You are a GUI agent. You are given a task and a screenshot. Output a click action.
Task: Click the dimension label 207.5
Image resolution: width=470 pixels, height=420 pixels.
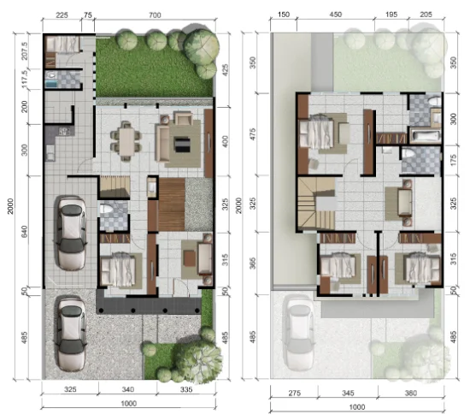click(x=25, y=50)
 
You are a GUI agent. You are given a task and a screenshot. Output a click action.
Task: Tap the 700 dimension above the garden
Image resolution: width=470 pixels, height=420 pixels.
click(x=155, y=15)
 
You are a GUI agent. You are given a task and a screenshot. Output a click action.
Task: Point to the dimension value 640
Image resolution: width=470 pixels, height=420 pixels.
click(x=25, y=232)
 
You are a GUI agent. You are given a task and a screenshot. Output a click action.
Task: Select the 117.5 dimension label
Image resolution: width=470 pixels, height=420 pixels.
click(x=25, y=80)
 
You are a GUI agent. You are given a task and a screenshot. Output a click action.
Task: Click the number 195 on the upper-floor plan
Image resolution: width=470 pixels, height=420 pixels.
click(x=391, y=15)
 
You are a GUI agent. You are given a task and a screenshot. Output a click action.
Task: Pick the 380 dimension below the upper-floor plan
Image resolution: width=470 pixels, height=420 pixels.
click(x=411, y=393)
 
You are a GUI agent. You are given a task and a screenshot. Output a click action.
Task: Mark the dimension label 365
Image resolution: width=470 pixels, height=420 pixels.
click(x=253, y=263)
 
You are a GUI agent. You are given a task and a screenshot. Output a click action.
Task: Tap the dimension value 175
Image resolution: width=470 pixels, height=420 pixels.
click(x=454, y=161)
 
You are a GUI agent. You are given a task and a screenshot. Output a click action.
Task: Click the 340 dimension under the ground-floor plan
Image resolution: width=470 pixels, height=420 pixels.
click(x=128, y=389)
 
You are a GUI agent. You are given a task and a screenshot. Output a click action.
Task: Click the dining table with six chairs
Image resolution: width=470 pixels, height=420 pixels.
click(x=126, y=141)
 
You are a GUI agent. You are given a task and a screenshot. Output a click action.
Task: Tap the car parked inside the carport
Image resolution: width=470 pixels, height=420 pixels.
click(x=71, y=234)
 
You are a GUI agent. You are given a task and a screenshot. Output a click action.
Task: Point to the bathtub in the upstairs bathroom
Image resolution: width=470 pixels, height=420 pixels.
click(x=425, y=136)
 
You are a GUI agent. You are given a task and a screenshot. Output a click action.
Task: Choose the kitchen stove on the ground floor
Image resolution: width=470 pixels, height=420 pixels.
click(x=64, y=131)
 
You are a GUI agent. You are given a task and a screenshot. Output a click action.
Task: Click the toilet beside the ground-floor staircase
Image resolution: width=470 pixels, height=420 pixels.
click(x=105, y=208)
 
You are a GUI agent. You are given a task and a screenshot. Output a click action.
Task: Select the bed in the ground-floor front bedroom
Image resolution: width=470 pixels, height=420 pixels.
click(x=118, y=269)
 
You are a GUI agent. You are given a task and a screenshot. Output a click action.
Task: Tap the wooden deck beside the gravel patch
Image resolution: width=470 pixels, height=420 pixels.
click(x=171, y=204)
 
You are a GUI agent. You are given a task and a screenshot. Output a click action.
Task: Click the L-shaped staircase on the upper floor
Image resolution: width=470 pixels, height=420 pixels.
click(x=316, y=204)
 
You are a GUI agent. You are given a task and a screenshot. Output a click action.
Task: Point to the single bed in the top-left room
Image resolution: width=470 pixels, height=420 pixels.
click(x=62, y=44)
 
